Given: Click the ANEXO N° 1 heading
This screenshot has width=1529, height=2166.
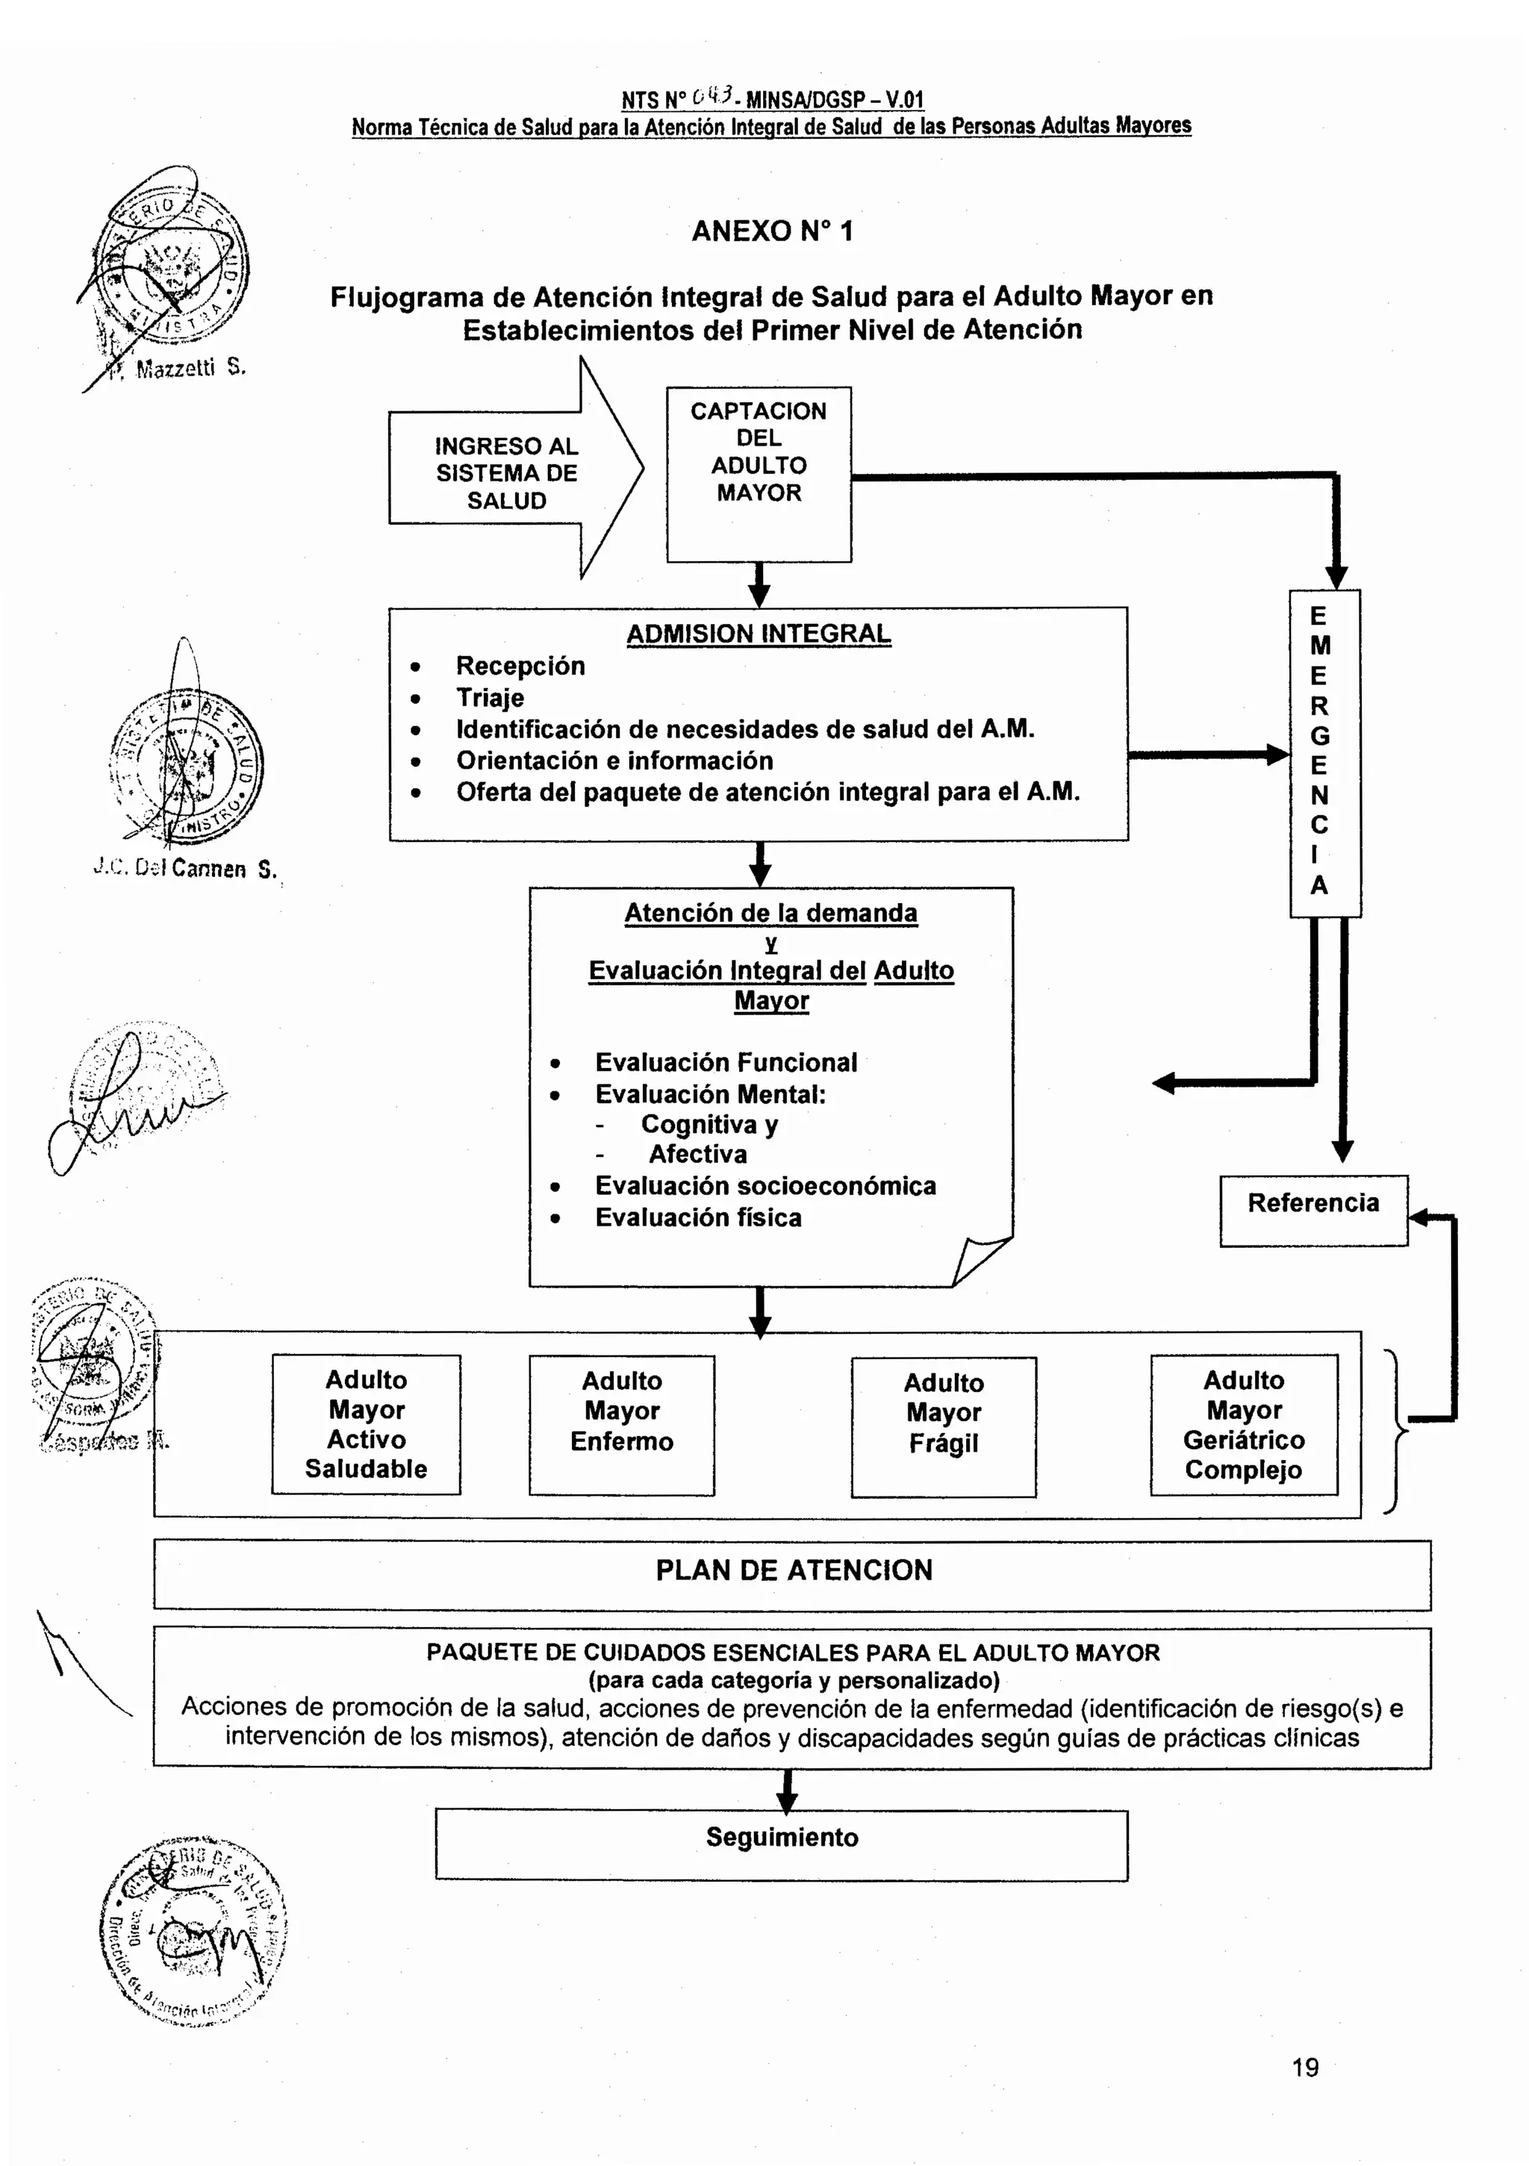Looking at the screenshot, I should coord(771,231).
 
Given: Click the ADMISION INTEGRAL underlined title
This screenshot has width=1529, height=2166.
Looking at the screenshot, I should coord(758,634).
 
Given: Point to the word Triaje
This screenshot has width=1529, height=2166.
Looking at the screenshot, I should coord(490,698).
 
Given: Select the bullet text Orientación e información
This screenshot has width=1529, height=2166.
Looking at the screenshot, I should coord(614,761).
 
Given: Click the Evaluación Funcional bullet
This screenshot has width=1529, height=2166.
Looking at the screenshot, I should coord(725,1062).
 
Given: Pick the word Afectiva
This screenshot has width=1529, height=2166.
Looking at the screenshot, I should coord(697,1154).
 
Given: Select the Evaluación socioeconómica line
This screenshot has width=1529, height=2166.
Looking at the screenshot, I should coord(764,1186).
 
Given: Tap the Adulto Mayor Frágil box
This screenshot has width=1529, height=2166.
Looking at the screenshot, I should coord(943,1426).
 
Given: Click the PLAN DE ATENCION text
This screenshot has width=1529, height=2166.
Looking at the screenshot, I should coord(793,1570).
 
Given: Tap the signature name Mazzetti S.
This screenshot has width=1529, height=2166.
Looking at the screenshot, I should coord(189,369).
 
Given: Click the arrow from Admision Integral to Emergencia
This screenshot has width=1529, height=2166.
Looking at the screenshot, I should coord(1207,755).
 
